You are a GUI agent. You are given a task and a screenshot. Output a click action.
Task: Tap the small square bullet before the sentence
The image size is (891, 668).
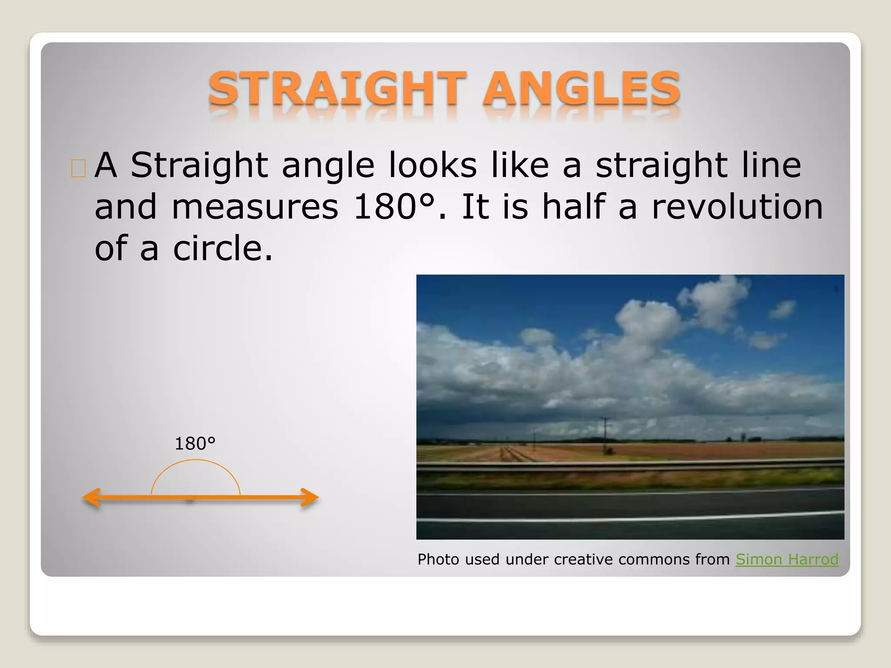pyautogui.click(x=78, y=168)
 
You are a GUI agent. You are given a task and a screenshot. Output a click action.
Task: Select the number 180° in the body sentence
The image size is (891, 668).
pyautogui.click(x=394, y=207)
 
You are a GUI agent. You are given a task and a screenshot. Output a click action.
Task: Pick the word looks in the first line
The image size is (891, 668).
pyautogui.click(x=432, y=165)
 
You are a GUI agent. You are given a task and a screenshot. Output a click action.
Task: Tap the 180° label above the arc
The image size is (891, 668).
pyautogui.click(x=195, y=444)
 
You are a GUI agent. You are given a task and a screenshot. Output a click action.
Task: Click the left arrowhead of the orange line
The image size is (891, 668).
pyautogui.click(x=92, y=498)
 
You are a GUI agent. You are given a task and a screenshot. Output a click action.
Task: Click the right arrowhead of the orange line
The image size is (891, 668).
pyautogui.click(x=310, y=498)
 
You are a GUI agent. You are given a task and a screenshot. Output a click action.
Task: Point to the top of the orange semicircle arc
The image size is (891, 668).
pyautogui.click(x=195, y=461)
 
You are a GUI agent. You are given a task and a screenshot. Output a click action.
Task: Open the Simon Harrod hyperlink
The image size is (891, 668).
pyautogui.click(x=787, y=559)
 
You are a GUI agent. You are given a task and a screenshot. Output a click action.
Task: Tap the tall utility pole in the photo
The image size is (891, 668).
pyautogui.click(x=605, y=435)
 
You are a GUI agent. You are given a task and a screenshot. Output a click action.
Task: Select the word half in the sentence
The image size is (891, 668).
pyautogui.click(x=573, y=207)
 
